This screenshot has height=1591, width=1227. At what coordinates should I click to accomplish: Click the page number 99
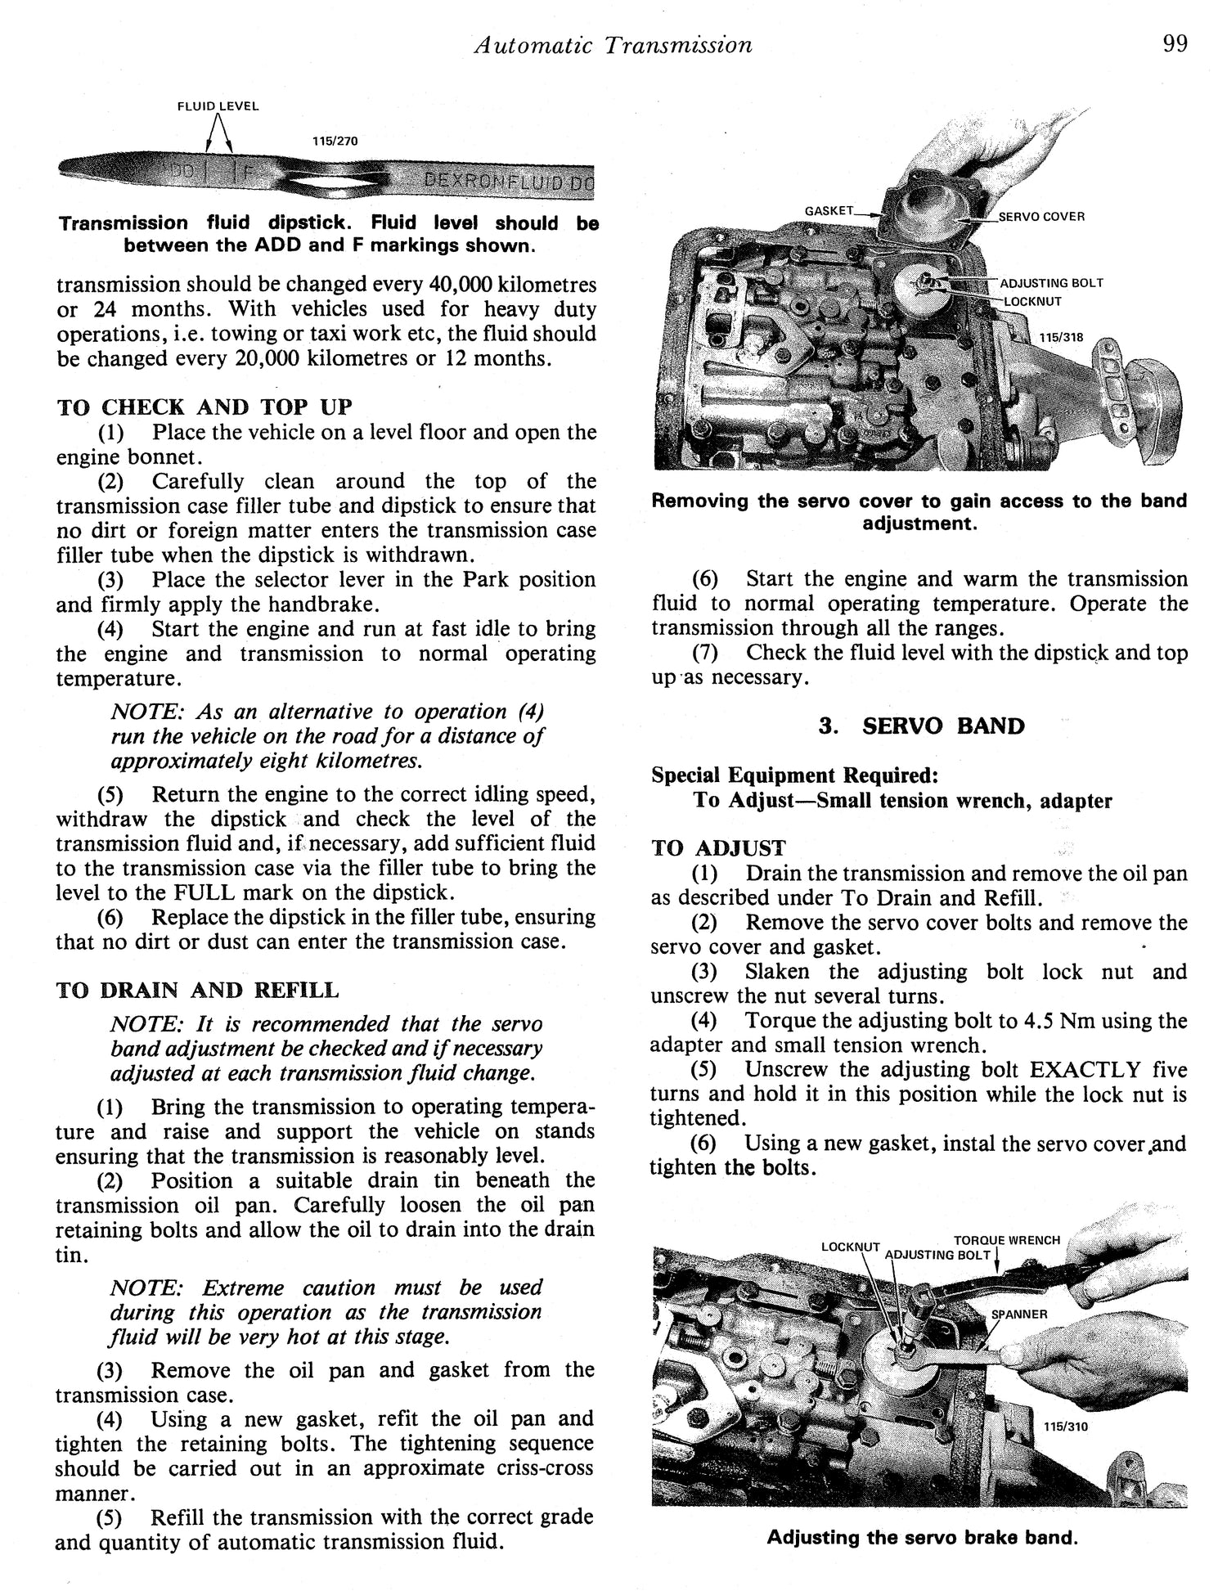1174,43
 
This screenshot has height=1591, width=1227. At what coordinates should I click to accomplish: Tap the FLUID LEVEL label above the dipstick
218,106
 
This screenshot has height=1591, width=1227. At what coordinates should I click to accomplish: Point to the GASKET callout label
829,211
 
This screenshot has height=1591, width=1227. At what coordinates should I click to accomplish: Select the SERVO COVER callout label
1041,217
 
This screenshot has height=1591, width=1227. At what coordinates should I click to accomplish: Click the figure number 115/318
1061,337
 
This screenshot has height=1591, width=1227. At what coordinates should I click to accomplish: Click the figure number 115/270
335,141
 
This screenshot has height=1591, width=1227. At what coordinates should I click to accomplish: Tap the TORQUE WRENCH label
1006,1240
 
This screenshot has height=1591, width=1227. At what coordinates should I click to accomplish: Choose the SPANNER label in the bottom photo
1018,1314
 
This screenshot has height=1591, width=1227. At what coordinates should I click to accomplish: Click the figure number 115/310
1066,1427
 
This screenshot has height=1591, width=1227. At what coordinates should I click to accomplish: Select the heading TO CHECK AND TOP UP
204,407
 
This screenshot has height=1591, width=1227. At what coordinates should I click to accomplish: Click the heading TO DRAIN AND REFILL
197,991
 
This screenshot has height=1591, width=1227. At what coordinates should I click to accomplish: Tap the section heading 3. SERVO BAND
921,726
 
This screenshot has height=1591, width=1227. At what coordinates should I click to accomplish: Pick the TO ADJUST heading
718,848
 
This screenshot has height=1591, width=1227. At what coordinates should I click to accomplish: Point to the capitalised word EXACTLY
1074,1070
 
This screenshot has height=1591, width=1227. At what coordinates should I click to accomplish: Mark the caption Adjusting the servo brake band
922,1538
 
